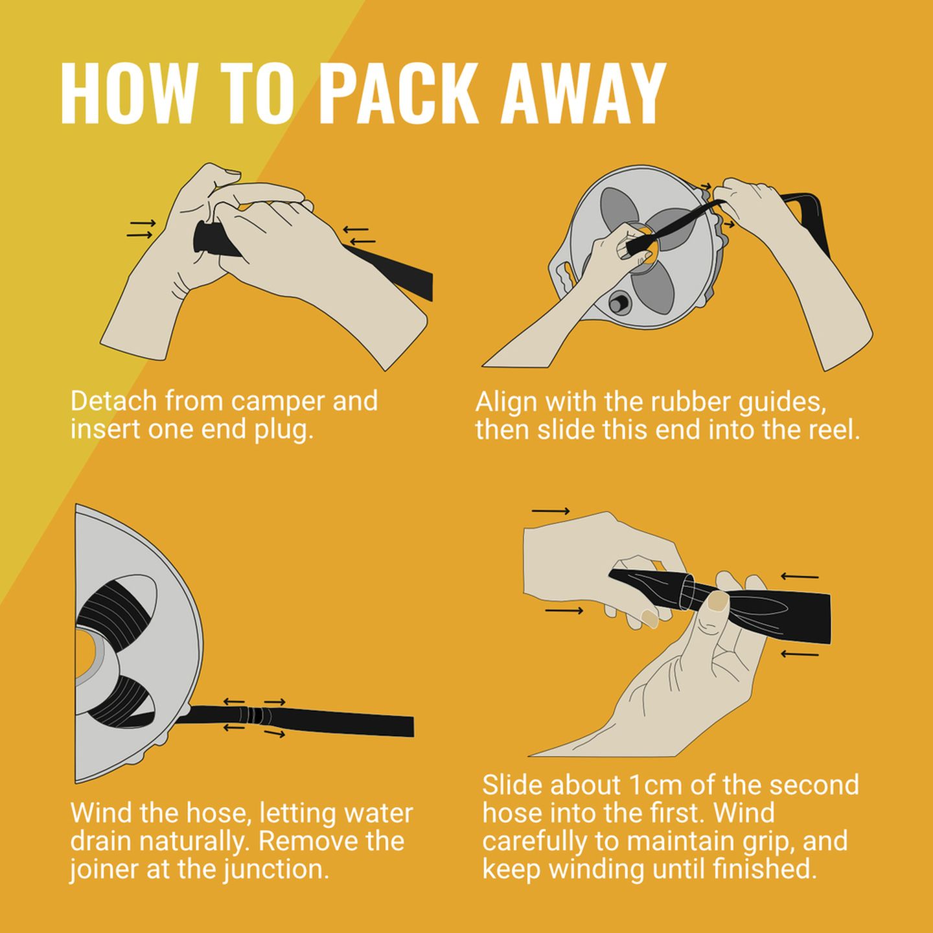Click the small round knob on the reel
point(618,303)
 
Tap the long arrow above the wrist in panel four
point(551,511)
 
